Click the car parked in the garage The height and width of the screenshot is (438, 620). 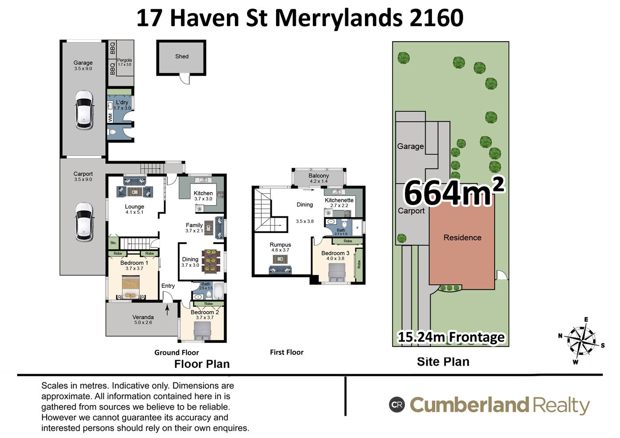point(84,110)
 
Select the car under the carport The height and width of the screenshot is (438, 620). point(84,222)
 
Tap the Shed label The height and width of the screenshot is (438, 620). point(182,57)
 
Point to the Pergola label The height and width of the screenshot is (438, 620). point(124,60)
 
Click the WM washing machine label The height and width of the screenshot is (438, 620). point(110,117)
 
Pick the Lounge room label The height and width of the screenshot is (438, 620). point(134,206)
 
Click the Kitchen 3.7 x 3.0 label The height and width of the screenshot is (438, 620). point(203,196)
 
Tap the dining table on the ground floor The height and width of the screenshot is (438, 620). point(211,261)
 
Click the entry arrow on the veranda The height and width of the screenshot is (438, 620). point(167,310)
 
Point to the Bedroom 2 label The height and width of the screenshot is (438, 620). point(205,312)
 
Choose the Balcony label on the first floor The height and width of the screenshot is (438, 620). point(319,176)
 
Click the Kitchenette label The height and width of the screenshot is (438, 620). point(339,200)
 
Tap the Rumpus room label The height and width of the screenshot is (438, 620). point(280,244)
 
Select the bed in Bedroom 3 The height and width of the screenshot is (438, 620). point(337,272)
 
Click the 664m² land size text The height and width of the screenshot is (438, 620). point(454,191)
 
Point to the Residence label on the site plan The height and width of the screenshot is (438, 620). point(462,237)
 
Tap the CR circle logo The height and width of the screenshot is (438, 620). point(397,405)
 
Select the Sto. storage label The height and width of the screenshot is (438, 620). point(113,243)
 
